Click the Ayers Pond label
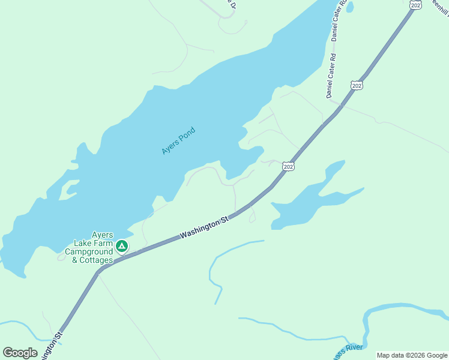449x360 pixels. coord(179,141)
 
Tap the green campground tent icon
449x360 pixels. coord(122,246)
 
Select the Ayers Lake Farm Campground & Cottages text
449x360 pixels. coord(92,248)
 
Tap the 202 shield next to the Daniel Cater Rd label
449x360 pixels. coord(357,85)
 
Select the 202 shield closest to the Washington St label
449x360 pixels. coord(289,166)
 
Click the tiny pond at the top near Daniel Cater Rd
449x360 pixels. coord(350,7)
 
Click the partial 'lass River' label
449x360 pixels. coord(348,351)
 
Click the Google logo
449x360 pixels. coord(20,352)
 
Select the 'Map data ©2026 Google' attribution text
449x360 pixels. coord(412,355)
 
